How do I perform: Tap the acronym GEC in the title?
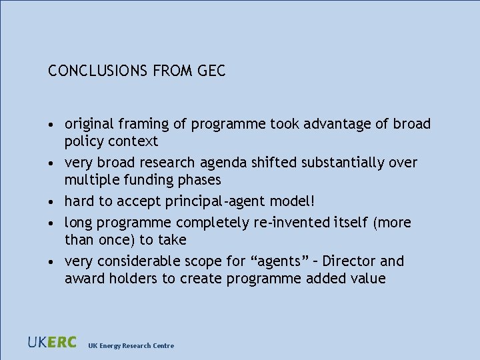(211, 71)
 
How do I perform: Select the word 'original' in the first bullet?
(89, 124)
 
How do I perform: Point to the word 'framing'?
(142, 125)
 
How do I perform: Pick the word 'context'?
(135, 141)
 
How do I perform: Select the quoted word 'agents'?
(277, 261)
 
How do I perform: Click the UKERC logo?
(52, 343)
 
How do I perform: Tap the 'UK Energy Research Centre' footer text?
(131, 345)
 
